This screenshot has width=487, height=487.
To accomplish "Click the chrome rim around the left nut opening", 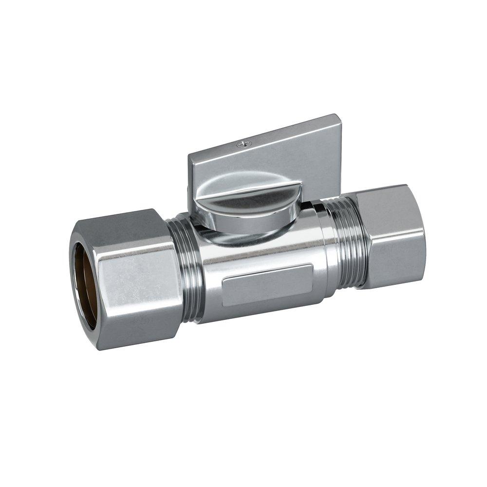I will [73, 282].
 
